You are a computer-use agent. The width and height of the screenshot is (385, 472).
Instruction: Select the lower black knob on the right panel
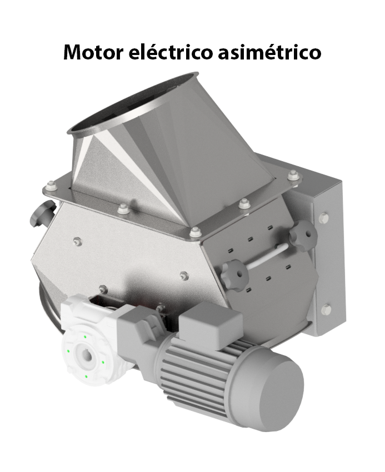pos(233,273)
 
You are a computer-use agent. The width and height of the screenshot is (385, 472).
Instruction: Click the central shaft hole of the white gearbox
pos(86,354)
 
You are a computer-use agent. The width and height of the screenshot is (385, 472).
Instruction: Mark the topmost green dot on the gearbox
pos(84,336)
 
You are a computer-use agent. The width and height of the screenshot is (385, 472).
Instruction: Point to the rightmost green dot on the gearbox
pos(103,362)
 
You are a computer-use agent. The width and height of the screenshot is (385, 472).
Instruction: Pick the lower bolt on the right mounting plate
pos(326,309)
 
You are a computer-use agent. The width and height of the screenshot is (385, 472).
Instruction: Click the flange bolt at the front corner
pos(194,232)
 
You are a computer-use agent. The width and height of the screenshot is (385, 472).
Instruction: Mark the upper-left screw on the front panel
pos(77,241)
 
